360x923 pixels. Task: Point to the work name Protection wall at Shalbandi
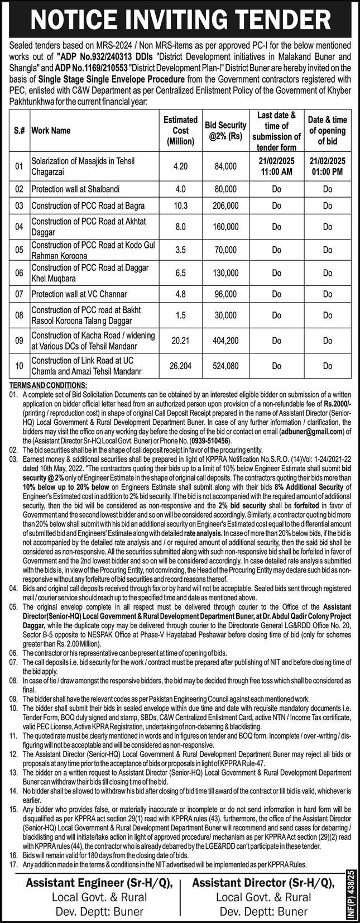coord(75,189)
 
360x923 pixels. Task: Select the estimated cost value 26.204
coord(180,366)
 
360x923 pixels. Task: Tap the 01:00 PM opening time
coord(328,171)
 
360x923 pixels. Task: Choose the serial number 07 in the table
coord(18,294)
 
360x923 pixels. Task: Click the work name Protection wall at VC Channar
coord(79,294)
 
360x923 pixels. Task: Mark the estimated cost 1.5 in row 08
coord(180,315)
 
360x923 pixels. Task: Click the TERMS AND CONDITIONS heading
coord(49,385)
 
